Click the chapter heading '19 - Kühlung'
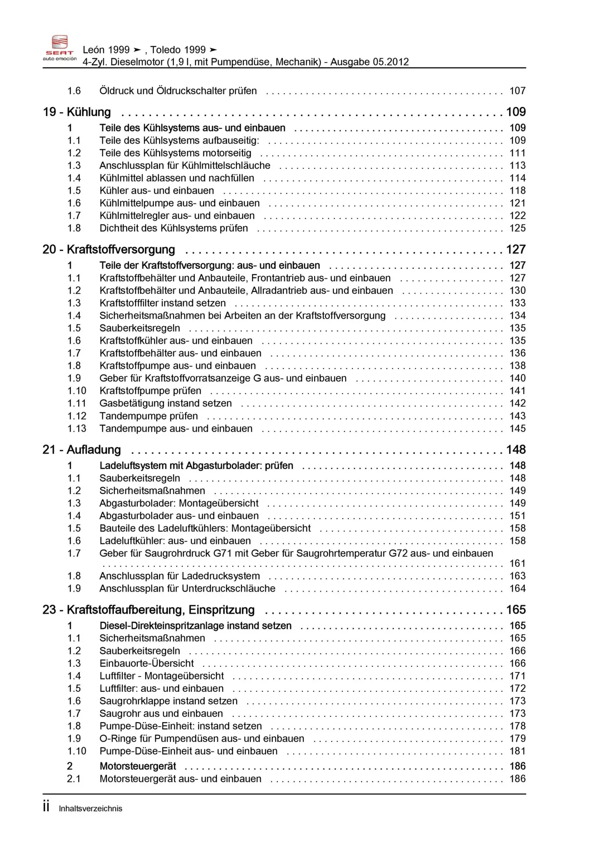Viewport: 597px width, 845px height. click(77, 112)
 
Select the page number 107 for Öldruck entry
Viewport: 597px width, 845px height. click(517, 91)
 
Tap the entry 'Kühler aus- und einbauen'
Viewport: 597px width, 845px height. click(157, 191)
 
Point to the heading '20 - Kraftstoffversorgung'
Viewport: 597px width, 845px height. click(109, 250)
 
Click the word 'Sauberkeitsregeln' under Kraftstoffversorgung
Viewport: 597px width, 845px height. click(139, 328)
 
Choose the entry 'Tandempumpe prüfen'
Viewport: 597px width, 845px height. click(148, 416)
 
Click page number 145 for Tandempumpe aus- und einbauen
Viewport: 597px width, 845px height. click(517, 429)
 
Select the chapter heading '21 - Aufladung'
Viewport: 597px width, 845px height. click(81, 450)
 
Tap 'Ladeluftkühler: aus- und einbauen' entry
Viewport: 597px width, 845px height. click(175, 541)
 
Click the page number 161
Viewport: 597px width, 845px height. click(517, 563)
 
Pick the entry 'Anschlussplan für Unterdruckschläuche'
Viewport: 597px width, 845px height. click(187, 588)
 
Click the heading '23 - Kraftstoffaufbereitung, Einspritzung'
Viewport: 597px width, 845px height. click(148, 610)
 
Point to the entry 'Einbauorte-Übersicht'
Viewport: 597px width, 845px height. click(147, 663)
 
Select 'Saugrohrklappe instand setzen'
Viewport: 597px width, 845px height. click(168, 701)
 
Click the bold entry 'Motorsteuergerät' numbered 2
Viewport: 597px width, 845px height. click(138, 766)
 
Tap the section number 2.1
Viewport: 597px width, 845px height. click(73, 779)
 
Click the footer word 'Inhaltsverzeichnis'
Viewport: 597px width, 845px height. click(90, 808)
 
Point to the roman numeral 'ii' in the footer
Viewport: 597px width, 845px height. click(46, 807)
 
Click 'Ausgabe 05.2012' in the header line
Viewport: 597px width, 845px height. click(370, 62)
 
